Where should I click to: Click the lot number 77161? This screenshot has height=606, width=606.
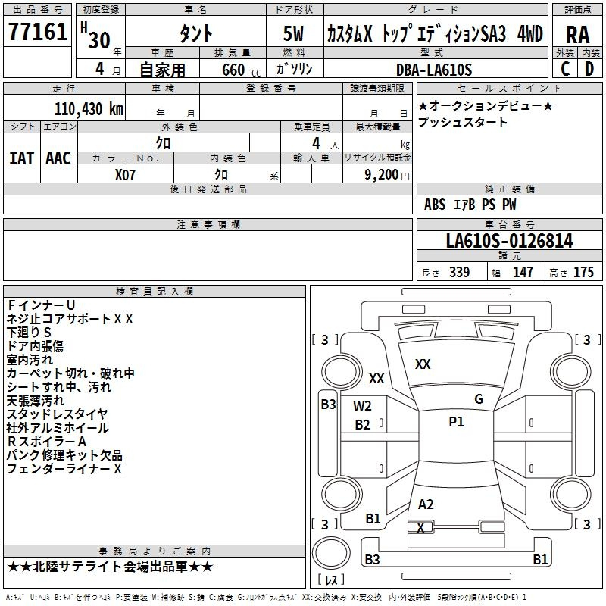[x=38, y=35]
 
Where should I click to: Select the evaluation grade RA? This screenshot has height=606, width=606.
[x=577, y=35]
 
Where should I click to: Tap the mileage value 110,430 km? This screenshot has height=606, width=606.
[x=89, y=108]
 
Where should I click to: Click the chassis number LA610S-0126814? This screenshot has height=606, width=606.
[x=509, y=241]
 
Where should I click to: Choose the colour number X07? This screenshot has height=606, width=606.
[x=126, y=173]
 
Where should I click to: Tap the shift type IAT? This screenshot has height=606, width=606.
[x=21, y=158]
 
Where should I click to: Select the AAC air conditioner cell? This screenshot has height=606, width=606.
[x=58, y=158]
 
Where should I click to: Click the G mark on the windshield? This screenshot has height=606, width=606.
[x=478, y=399]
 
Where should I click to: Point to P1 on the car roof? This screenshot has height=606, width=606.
[x=456, y=422]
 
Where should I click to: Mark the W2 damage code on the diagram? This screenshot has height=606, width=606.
[x=362, y=406]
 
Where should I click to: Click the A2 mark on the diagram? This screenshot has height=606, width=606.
[x=426, y=504]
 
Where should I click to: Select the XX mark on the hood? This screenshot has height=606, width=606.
[x=423, y=364]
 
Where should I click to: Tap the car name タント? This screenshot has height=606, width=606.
[x=195, y=35]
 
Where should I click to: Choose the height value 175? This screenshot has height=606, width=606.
[x=583, y=273]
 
